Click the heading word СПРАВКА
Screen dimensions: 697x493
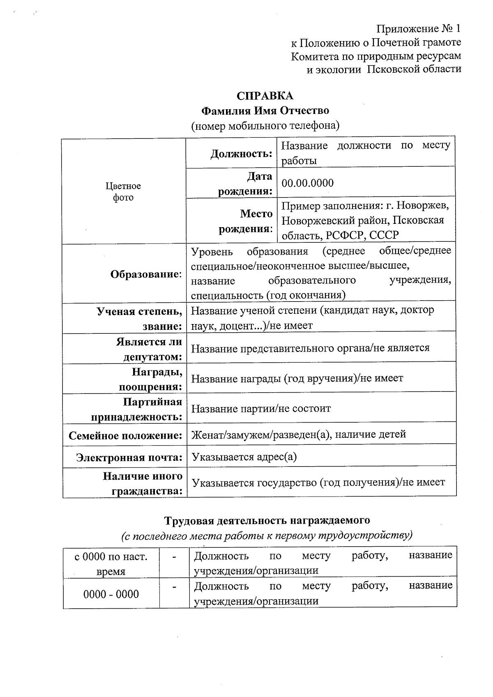click(265, 96)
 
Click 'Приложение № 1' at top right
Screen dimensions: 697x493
click(419, 29)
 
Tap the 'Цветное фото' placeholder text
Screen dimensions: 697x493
click(123, 192)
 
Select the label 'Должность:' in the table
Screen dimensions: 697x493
click(242, 154)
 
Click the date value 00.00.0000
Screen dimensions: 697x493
click(307, 183)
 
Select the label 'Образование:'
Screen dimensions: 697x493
click(146, 274)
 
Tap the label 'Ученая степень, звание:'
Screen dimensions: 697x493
click(140, 319)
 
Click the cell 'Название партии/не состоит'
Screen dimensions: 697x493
click(261, 409)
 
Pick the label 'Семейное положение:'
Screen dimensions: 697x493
click(125, 435)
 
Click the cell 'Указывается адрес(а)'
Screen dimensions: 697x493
click(244, 457)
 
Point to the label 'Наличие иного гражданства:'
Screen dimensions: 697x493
click(143, 483)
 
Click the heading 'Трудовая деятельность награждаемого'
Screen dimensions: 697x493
click(267, 521)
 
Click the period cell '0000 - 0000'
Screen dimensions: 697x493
click(111, 594)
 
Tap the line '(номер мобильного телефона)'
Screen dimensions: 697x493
click(265, 126)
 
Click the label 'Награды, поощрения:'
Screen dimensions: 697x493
click(151, 379)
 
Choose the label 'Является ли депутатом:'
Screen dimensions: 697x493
click(149, 349)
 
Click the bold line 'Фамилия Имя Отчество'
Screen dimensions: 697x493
click(265, 111)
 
